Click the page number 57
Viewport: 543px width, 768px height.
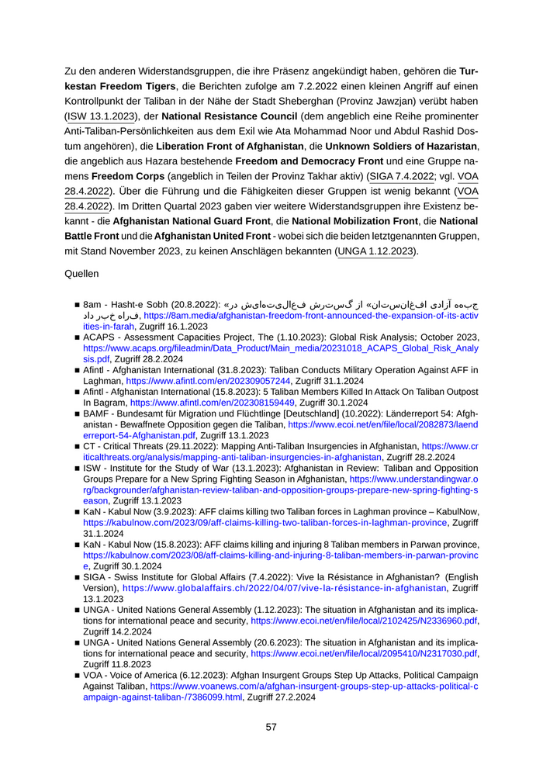[x=271, y=727]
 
